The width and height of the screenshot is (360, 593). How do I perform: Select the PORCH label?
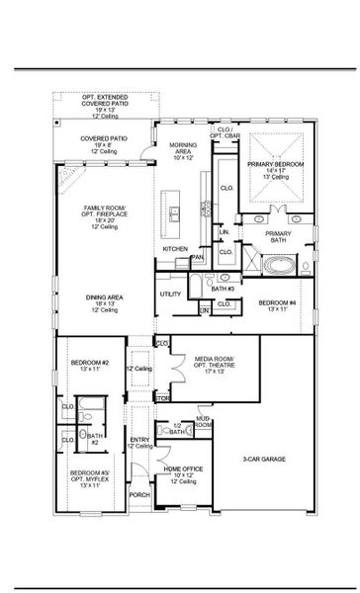(x=139, y=495)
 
